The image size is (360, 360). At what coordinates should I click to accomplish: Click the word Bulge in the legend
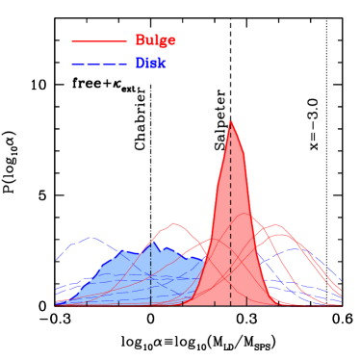pos(155,40)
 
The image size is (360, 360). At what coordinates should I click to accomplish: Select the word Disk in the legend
pos(150,64)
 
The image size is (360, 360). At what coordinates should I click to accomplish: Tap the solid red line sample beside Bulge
pos(99,40)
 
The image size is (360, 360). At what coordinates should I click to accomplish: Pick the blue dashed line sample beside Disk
pos(99,64)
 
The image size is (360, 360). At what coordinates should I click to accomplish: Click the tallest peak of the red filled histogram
pos(230,121)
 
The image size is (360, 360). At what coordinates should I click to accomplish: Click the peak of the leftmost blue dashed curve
pos(91,237)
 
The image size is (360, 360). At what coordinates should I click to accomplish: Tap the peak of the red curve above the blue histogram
pos(174,223)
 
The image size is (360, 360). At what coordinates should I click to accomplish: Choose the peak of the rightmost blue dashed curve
pos(296,248)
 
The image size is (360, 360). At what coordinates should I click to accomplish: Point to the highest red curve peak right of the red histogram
pos(276,225)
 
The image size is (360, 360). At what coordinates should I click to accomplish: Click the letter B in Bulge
pos(140,40)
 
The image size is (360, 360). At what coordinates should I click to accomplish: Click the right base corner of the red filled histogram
pos(280,305)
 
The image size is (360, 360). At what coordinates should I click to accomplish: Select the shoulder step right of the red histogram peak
pos(244,154)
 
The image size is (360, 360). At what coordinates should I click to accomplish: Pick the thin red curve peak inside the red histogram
pos(244,214)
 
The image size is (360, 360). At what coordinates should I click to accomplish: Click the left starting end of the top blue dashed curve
pos(56,260)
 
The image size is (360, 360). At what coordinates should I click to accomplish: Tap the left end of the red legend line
pos(72,40)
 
